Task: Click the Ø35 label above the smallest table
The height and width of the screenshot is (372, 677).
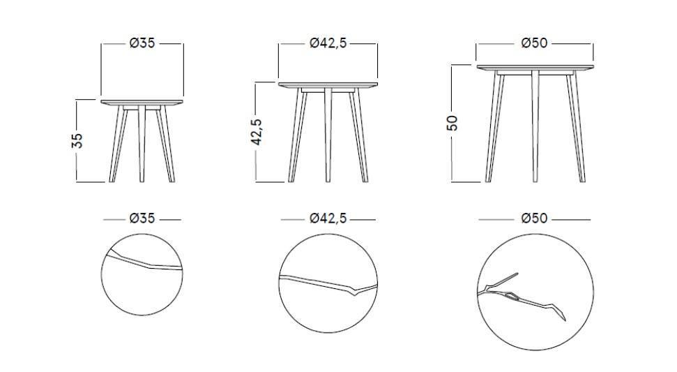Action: (x=142, y=43)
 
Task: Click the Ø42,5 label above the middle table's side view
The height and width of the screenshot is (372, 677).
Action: (x=328, y=43)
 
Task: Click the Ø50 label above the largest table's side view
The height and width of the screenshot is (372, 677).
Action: (x=535, y=43)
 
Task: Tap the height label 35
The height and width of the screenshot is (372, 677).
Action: (x=77, y=141)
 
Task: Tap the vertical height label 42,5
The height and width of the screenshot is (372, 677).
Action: (x=257, y=132)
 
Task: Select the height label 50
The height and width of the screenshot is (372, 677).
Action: (x=452, y=123)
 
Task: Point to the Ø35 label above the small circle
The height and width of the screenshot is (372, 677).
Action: (x=142, y=218)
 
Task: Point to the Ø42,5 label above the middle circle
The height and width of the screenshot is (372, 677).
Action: (x=328, y=218)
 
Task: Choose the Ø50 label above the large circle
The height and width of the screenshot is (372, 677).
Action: (x=535, y=218)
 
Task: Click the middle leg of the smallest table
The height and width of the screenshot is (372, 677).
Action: (x=142, y=144)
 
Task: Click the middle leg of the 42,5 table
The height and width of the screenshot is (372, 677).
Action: (x=328, y=135)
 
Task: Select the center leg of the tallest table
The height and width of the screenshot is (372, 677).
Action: (x=535, y=126)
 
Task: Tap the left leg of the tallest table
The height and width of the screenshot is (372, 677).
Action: (x=495, y=128)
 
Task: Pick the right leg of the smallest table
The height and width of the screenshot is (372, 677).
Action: (x=166, y=144)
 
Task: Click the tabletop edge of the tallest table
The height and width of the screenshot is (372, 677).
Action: (x=535, y=68)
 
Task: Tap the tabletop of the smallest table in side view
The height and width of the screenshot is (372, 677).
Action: (x=142, y=103)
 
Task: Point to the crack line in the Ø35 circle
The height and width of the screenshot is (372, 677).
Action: (x=144, y=262)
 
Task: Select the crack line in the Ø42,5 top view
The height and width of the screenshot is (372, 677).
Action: (x=328, y=284)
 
